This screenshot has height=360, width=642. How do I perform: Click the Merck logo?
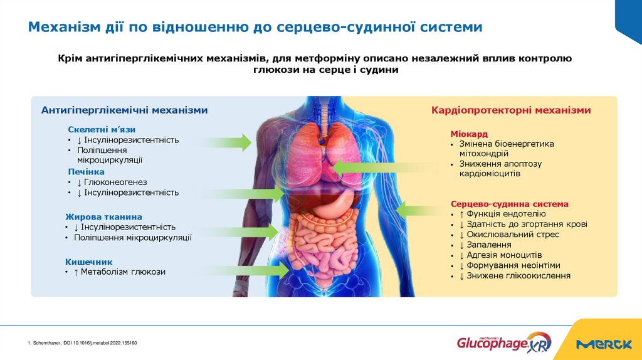(604, 344)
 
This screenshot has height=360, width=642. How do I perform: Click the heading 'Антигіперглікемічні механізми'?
(124, 110)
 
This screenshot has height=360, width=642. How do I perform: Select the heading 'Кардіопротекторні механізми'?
(510, 110)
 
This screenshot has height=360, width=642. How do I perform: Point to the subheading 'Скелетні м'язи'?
(102, 130)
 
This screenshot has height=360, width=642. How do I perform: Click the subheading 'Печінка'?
(86, 171)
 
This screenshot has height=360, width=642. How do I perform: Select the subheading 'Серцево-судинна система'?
(509, 204)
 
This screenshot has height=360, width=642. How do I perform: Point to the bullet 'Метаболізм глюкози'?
(123, 272)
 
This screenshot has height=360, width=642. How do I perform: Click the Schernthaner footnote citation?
(82, 343)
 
